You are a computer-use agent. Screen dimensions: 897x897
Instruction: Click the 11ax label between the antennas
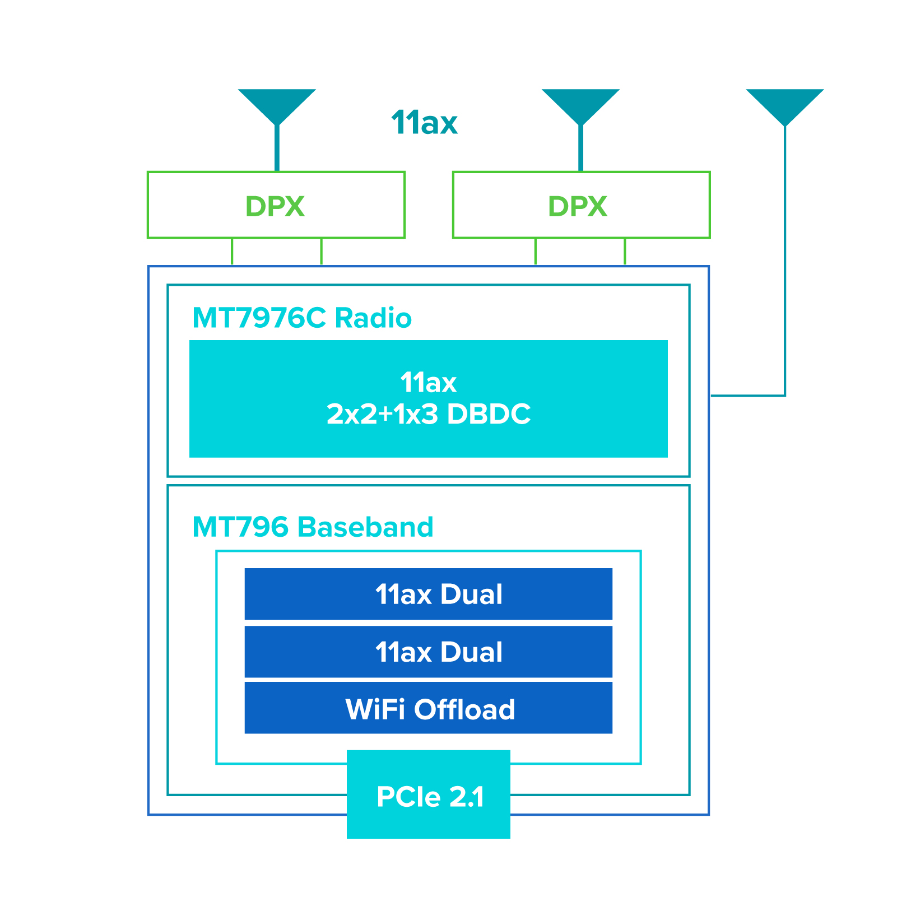pos(424,123)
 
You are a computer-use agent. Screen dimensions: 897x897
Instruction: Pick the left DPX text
pos(275,206)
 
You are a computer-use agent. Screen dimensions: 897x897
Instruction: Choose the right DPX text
pos(577,206)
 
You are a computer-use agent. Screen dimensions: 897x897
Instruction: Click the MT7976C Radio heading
pos(301,318)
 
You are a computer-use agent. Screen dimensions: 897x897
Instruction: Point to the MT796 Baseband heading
pos(313,527)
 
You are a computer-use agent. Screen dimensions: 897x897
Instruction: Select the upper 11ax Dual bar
pos(429,594)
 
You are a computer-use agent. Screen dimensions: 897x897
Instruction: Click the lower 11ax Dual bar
pos(429,652)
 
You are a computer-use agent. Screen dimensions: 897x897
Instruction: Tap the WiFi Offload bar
pos(429,709)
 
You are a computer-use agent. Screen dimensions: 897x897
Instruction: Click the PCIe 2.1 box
pos(429,796)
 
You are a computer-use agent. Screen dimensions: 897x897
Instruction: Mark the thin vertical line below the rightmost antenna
pos(784,258)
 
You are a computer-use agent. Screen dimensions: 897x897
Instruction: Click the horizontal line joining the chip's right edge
pos(748,396)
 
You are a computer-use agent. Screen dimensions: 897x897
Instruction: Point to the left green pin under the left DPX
pos(232,252)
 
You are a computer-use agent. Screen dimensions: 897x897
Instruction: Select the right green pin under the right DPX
pos(625,252)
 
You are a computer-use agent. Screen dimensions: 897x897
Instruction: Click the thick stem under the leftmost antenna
pos(277,148)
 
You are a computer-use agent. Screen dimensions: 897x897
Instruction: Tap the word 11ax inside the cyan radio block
pos(429,383)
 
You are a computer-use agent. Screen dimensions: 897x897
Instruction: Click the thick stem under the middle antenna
pos(580,148)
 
